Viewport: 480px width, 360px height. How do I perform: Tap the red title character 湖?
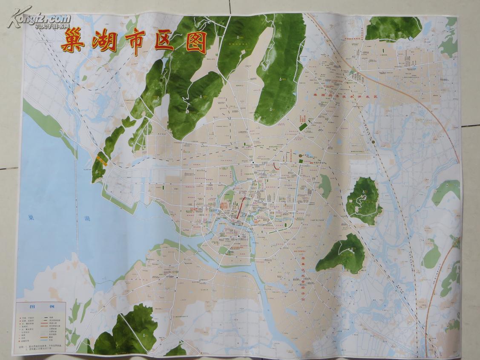tap(105, 41)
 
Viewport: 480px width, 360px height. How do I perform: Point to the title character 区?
tap(165, 41)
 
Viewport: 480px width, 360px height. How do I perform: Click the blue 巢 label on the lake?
tap(29, 217)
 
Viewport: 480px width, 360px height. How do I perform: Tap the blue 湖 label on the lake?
tap(87, 219)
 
